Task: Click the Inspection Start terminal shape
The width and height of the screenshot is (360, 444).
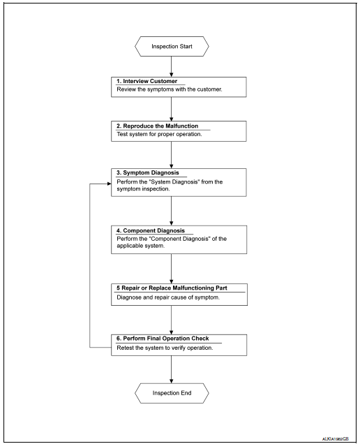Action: pos(171,47)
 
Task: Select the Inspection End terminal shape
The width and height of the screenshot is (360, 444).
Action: pos(171,393)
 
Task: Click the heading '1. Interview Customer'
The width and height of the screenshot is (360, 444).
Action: pos(147,81)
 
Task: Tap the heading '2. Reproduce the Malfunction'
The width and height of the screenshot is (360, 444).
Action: pos(161,126)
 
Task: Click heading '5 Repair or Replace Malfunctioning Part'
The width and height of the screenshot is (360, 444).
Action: pos(180,287)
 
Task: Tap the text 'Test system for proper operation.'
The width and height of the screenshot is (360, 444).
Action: pos(159,134)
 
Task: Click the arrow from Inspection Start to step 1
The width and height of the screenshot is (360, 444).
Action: pos(171,67)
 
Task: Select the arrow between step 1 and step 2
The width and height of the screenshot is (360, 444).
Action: pos(171,108)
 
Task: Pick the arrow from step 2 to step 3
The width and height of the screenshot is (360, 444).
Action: pos(171,154)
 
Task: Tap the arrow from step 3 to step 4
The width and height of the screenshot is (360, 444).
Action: pos(171,210)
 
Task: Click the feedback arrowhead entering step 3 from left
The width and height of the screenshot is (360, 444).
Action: pos(108,185)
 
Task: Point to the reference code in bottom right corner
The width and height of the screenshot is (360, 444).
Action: pos(336,438)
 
